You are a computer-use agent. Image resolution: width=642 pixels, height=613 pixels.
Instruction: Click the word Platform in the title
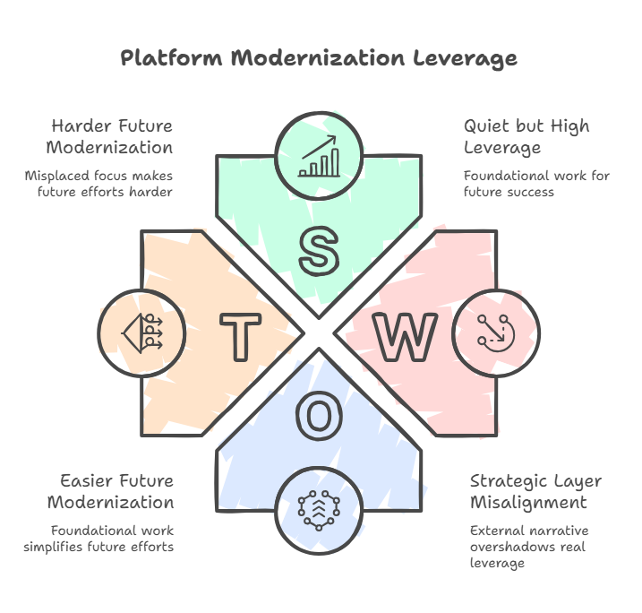[x=171, y=58]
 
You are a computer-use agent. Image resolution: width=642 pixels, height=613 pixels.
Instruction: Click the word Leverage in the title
[x=465, y=58]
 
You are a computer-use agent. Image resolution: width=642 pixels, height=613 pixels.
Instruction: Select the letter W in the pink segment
[x=405, y=336]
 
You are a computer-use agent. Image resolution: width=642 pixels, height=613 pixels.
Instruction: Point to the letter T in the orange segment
[x=240, y=336]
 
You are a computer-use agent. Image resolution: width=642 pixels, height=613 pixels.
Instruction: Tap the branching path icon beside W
[x=495, y=331]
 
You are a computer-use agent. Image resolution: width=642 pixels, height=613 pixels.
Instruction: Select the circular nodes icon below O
[x=320, y=508]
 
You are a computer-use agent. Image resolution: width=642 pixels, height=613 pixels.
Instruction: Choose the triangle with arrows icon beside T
[x=142, y=331]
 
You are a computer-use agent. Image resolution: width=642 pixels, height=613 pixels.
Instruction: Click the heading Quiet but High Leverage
[x=526, y=136]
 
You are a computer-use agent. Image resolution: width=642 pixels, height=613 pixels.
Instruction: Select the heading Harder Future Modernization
[x=111, y=136]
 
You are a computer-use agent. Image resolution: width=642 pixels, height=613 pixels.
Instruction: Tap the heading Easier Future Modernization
[x=111, y=491]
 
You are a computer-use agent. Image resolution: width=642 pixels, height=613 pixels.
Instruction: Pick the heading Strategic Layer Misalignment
[x=535, y=491]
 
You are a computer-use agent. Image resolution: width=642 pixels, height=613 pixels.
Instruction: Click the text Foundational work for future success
[x=536, y=184]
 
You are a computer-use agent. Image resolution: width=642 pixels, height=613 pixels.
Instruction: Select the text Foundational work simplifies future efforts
[x=112, y=538]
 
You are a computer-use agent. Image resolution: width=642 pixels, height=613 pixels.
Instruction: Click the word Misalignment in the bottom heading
[x=528, y=502]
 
